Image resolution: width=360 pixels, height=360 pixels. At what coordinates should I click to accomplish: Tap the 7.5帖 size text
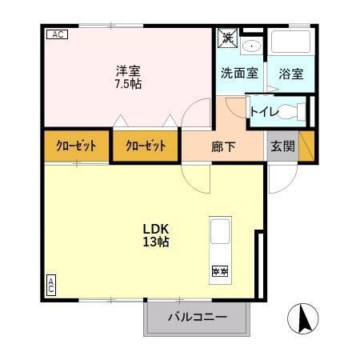(128, 82)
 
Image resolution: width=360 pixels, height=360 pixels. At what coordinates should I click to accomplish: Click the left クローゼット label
(76, 146)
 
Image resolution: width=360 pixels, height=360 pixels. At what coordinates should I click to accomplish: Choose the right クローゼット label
(146, 146)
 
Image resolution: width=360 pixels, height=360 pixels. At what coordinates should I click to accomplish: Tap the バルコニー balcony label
(197, 318)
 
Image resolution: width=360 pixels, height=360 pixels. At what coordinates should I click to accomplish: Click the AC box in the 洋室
(57, 34)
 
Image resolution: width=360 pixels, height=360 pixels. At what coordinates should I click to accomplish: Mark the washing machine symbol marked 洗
(228, 38)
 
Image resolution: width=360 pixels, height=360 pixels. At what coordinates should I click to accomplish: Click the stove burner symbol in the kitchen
(219, 271)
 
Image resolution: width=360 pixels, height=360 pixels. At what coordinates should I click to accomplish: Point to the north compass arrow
(304, 321)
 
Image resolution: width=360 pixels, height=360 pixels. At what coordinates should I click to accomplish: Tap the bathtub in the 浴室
(290, 44)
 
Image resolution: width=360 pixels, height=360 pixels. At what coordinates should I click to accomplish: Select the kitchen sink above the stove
(220, 234)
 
